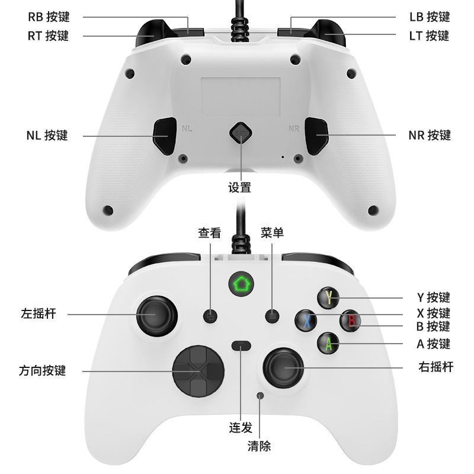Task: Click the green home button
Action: (x=240, y=284)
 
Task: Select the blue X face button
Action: (x=306, y=321)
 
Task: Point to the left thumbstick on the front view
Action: (x=155, y=315)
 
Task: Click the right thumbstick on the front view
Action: (x=283, y=368)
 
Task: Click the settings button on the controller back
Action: (x=240, y=134)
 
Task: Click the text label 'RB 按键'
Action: (x=49, y=17)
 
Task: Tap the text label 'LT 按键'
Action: (x=429, y=36)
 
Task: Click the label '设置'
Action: (x=240, y=188)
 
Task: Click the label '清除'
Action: (x=259, y=446)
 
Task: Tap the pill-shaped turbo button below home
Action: (x=241, y=345)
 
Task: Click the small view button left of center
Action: (x=210, y=316)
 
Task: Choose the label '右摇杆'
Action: (x=435, y=367)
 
